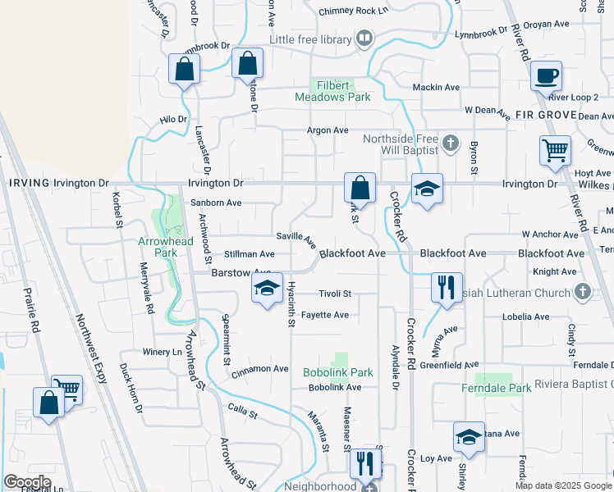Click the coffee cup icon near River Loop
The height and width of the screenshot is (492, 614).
(x=545, y=76)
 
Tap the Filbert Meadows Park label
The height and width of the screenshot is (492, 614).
(x=333, y=91)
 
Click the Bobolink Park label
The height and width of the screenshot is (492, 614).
(x=338, y=372)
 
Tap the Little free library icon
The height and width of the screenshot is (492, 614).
(x=364, y=39)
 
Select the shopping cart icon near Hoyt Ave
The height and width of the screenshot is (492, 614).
(x=555, y=151)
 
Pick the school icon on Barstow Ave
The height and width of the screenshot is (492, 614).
(x=267, y=288)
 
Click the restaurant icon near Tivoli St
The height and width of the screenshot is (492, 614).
(x=446, y=287)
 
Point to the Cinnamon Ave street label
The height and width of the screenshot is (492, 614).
(x=260, y=369)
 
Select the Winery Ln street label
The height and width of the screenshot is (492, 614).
(x=164, y=352)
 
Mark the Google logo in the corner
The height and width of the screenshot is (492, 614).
(x=27, y=482)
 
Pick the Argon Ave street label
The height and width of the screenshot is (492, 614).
(x=328, y=130)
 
